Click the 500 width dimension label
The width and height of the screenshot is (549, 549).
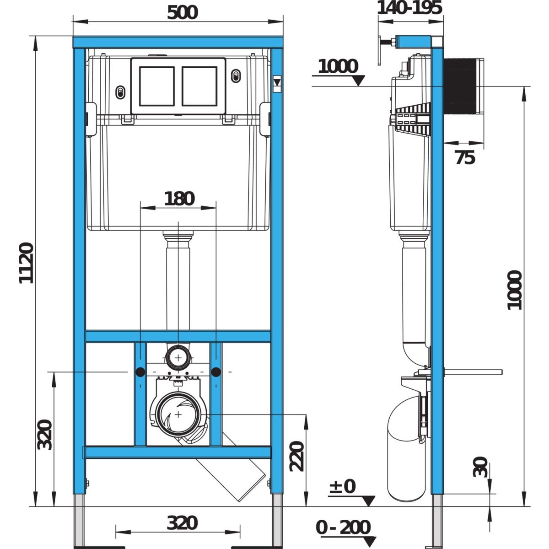point(182,13)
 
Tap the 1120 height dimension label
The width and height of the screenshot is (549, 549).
point(26,263)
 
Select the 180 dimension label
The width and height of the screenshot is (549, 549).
point(179,199)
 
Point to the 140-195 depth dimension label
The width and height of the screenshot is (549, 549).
point(409,8)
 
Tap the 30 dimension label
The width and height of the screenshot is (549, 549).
point(480,467)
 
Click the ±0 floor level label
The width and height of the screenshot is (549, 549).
point(343,486)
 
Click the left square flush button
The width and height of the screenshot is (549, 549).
point(157,86)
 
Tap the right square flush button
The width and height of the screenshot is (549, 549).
point(199,86)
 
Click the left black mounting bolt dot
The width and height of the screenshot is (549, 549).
point(140,372)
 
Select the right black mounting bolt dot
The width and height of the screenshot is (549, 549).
point(216,372)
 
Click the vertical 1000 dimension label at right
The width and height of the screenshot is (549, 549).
point(515,290)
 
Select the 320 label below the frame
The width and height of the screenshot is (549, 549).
point(182,523)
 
